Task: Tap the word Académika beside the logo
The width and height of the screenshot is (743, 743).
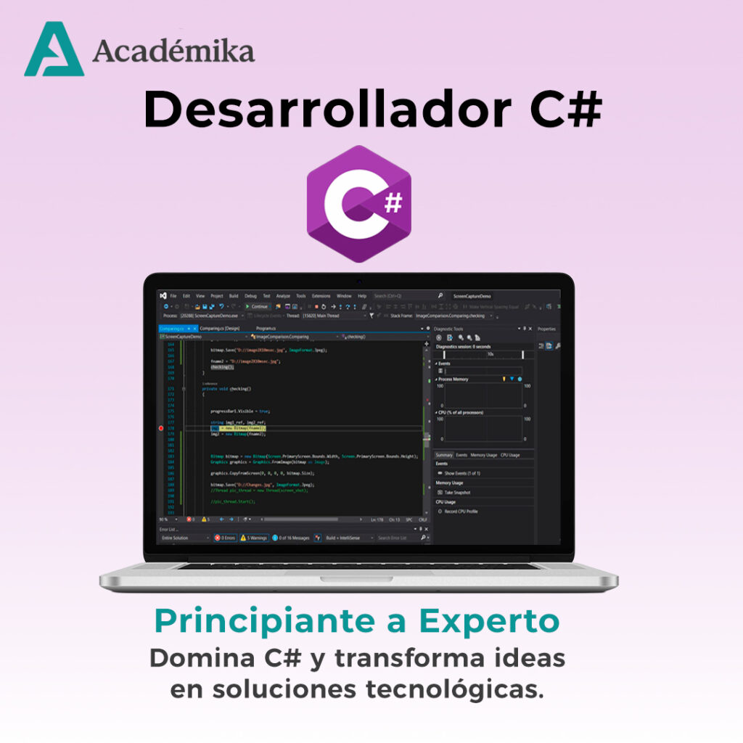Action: [173, 52]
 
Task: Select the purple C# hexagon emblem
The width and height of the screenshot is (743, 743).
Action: [358, 204]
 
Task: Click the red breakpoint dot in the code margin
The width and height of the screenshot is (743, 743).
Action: [161, 428]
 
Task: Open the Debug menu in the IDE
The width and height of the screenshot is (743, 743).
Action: [250, 296]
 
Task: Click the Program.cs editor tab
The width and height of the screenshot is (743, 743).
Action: [266, 329]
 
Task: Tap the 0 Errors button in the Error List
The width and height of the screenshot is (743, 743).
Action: [224, 538]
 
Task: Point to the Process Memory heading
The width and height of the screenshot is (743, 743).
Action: [455, 379]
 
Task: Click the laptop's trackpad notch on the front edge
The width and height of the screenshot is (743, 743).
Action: [358, 578]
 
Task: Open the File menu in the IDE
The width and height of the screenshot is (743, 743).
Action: [173, 296]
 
